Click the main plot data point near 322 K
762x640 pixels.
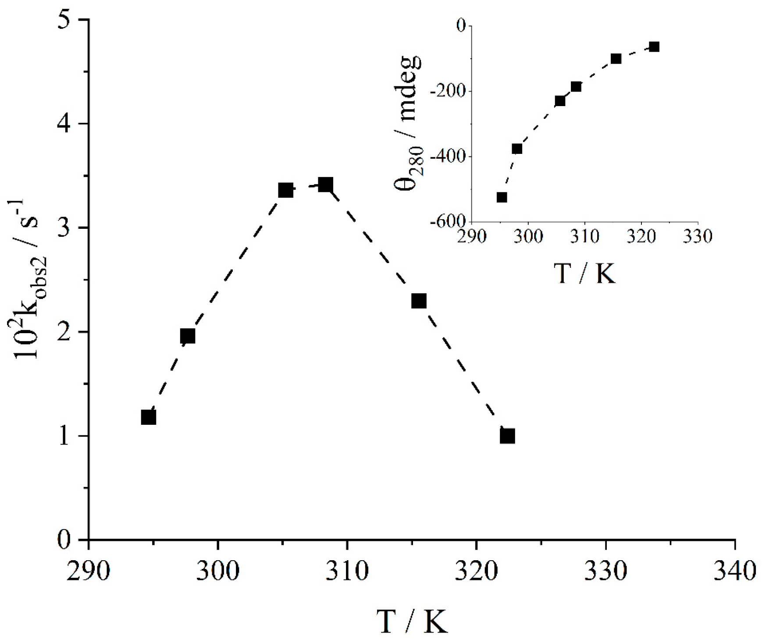coord(507,436)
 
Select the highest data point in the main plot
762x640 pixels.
coord(325,185)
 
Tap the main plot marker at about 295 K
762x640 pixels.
coord(149,417)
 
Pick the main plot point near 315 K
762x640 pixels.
coord(419,301)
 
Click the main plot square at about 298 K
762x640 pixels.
coord(188,336)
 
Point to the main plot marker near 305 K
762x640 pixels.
coord(286,190)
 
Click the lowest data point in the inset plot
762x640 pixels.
coord(502,197)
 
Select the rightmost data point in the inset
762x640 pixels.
coord(654,47)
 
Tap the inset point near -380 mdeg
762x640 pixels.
coord(517,149)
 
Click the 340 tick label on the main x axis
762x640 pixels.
coord(734,572)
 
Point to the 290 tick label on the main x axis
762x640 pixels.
coord(89,572)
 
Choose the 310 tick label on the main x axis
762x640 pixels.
coord(347,572)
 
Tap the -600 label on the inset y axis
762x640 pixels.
coord(448,222)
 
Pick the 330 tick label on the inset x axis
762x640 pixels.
coord(698,237)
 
